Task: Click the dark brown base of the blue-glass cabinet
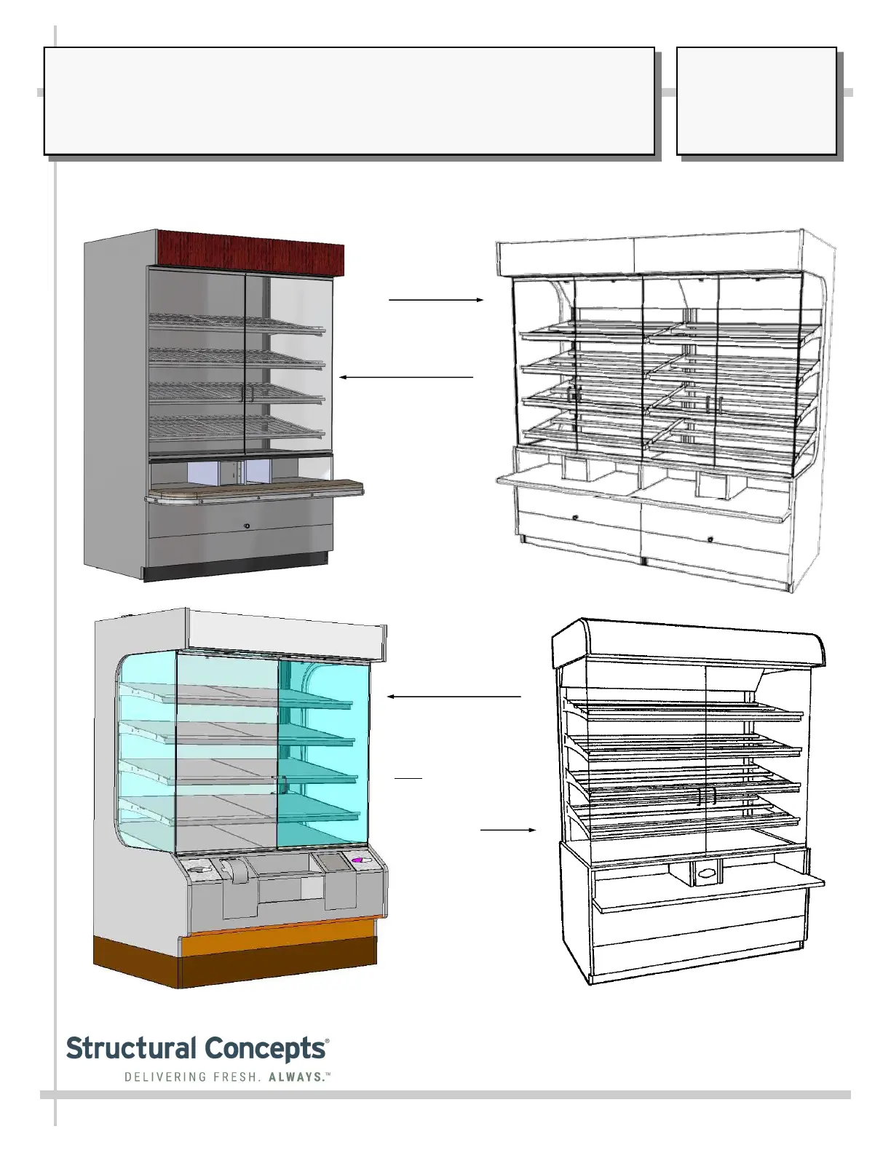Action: (x=233, y=961)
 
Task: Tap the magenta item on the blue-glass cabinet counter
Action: (x=358, y=860)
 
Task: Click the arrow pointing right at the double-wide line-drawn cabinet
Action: (x=436, y=299)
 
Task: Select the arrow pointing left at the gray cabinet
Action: (x=406, y=377)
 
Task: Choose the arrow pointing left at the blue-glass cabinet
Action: (x=454, y=697)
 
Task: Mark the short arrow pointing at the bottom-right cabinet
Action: (x=508, y=829)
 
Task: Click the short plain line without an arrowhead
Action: (x=408, y=777)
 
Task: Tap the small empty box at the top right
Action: (x=756, y=101)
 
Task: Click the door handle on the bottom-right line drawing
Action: (x=707, y=796)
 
